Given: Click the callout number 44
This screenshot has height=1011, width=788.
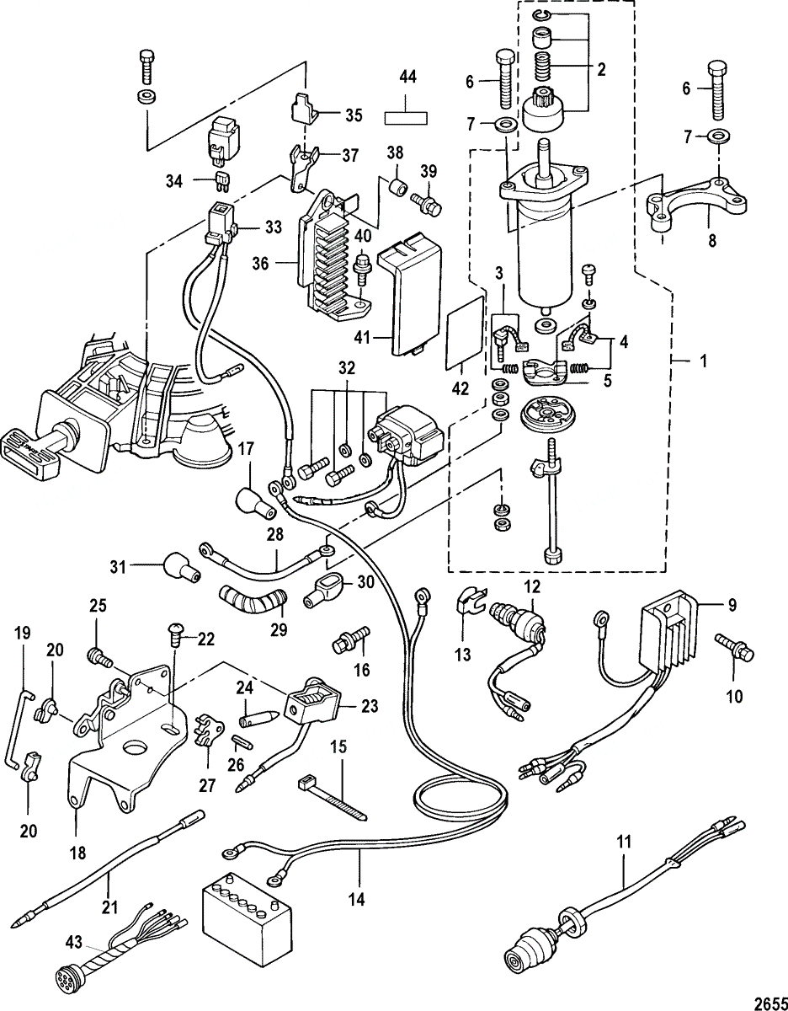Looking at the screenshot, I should (x=407, y=77).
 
